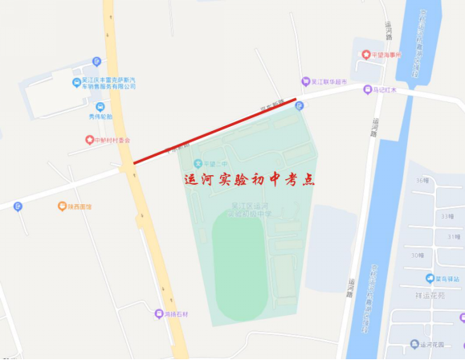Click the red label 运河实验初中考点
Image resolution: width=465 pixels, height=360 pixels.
249,180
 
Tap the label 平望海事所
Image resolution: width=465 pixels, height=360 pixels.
390,55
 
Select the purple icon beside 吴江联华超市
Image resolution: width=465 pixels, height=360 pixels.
305,81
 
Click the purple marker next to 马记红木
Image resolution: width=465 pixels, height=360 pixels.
367,90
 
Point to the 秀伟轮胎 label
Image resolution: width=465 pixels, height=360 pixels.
102,116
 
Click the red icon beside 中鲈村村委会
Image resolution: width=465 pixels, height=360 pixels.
89,139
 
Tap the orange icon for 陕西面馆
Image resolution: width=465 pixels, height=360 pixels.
62,207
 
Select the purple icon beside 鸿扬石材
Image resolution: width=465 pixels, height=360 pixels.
158,313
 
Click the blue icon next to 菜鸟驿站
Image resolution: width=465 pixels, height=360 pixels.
430,278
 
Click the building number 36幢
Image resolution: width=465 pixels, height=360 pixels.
420,180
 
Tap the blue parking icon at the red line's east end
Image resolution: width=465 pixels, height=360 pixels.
300,105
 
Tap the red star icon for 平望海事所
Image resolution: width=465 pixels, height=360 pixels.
365,55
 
